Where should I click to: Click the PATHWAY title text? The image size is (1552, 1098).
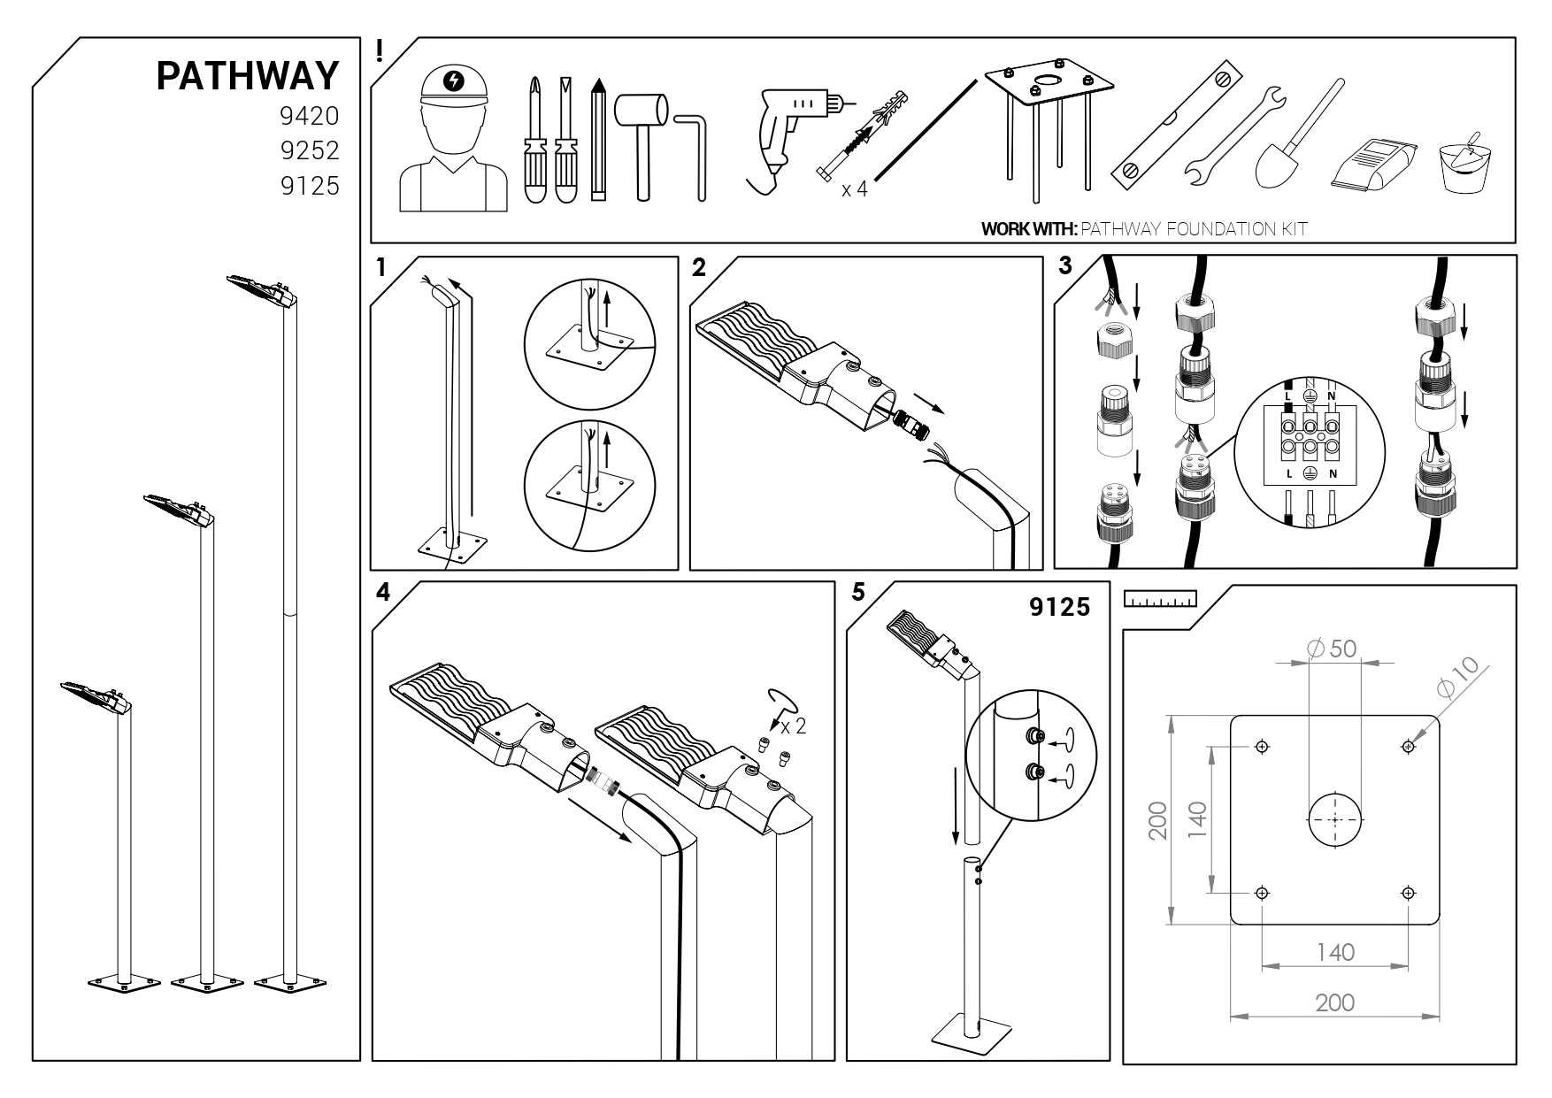(x=248, y=77)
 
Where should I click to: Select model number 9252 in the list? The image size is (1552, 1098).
(x=310, y=151)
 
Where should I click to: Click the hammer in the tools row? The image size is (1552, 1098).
(x=643, y=133)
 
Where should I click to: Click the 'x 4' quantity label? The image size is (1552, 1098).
(x=854, y=189)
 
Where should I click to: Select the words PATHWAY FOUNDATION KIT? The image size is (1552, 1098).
(x=1194, y=229)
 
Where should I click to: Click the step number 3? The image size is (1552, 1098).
(x=1065, y=265)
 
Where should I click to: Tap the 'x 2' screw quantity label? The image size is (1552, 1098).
(x=794, y=726)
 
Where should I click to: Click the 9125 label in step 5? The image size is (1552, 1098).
(x=1059, y=608)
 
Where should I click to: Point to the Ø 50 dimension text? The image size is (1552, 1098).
(x=1331, y=649)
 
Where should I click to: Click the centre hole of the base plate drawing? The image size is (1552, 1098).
(x=1334, y=820)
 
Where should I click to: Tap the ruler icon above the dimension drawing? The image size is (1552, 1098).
(x=1159, y=599)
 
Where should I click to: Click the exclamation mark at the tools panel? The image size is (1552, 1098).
(x=380, y=50)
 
